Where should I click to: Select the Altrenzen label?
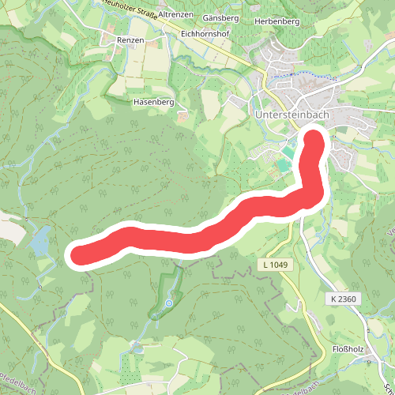(176, 15)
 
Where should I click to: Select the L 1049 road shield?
(273, 265)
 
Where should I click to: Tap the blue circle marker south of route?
(167, 303)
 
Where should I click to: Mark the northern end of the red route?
(314, 139)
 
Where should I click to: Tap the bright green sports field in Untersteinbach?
(283, 164)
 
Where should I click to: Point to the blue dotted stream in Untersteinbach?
(304, 74)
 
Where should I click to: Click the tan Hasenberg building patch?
(184, 116)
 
